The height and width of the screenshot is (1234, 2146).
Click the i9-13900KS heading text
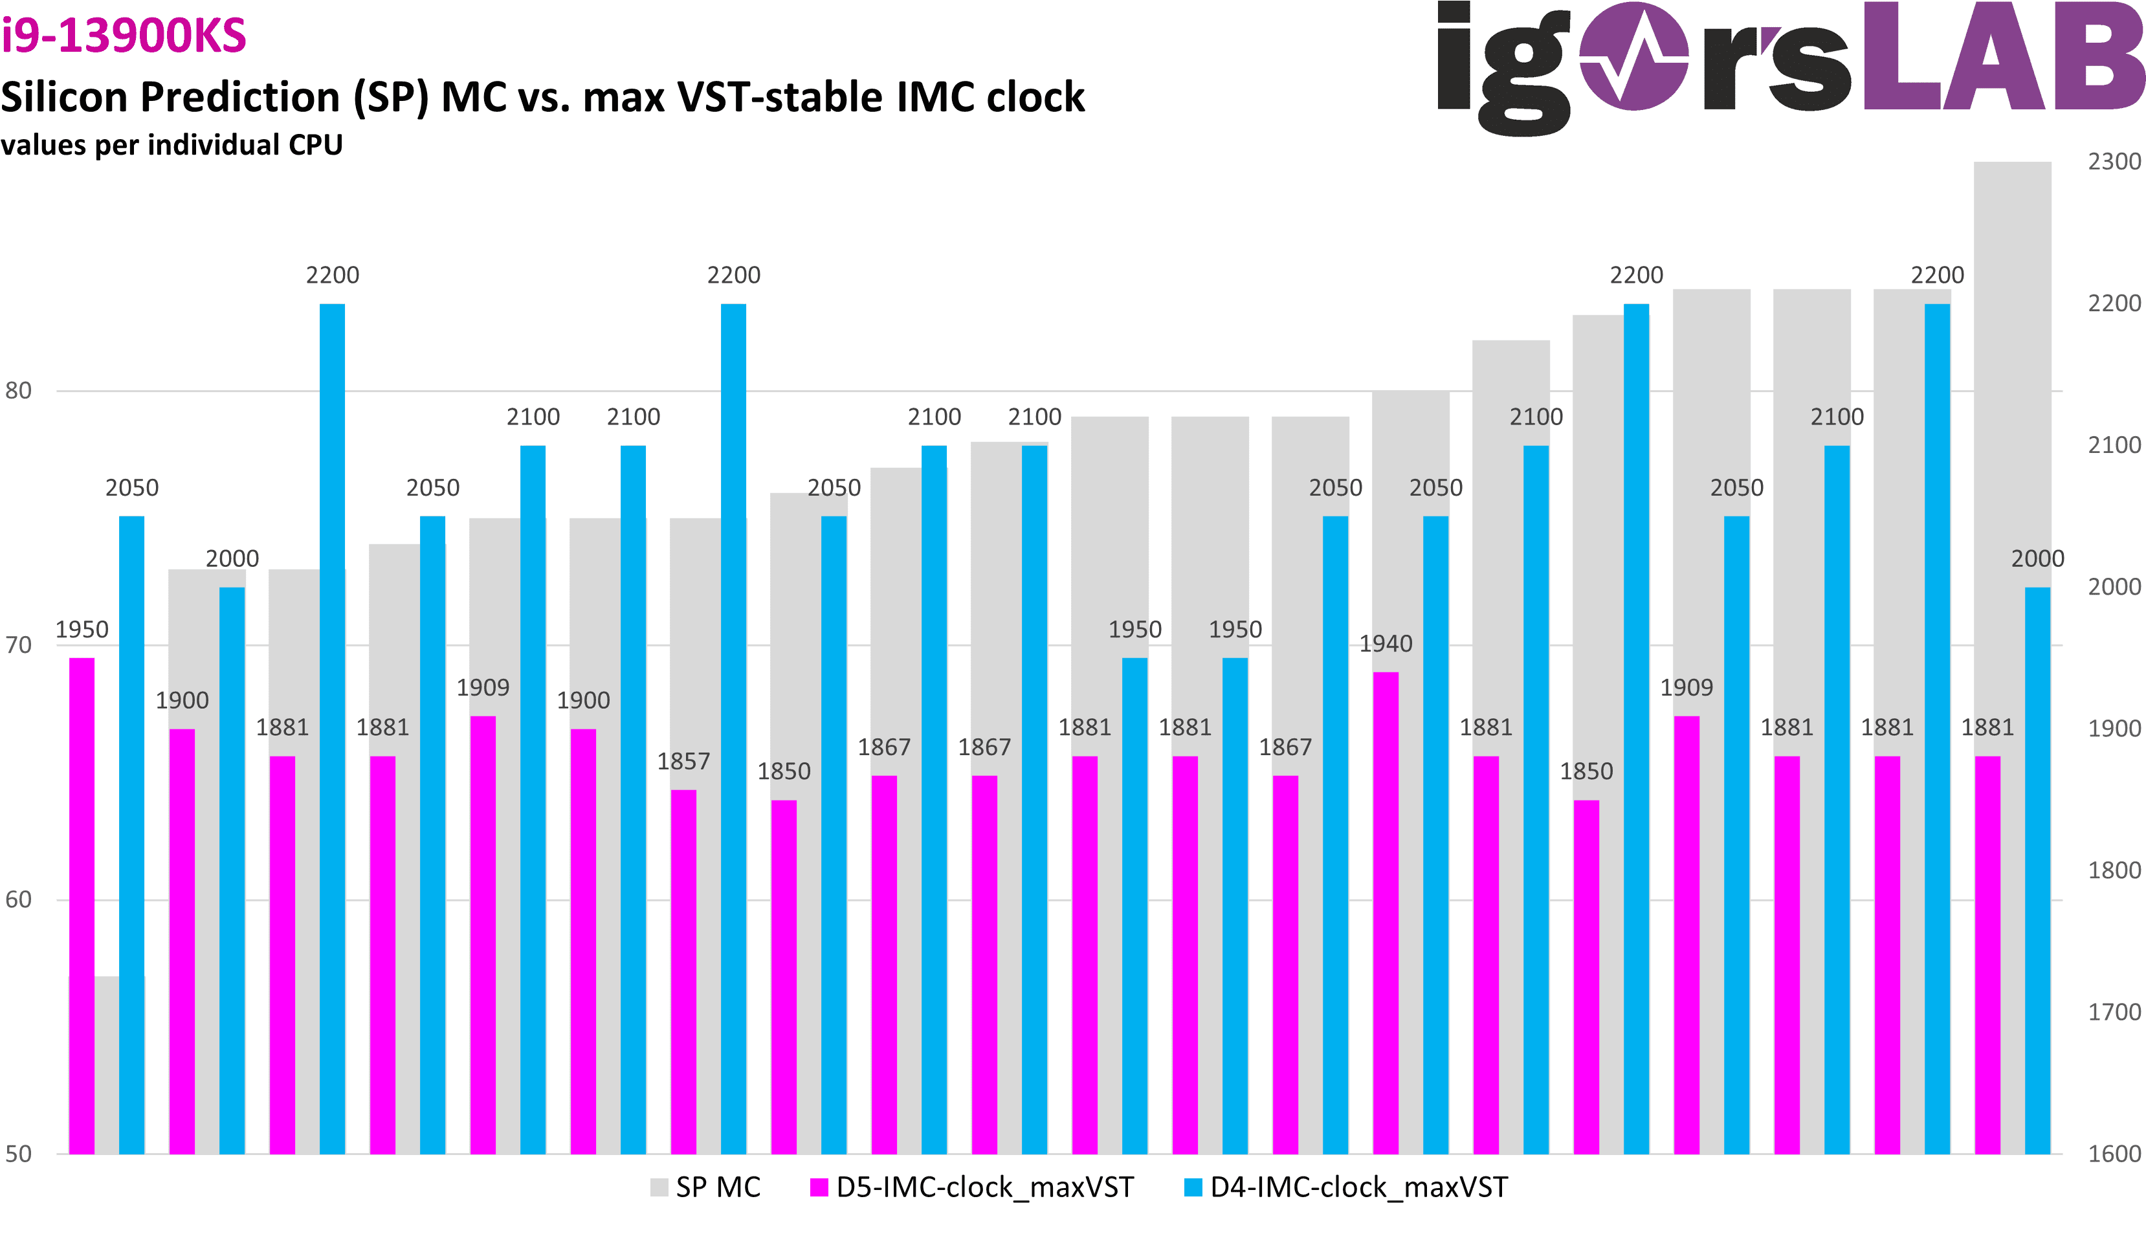[124, 36]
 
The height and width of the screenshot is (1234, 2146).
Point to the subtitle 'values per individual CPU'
[171, 145]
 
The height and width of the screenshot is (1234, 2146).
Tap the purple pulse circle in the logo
[1633, 56]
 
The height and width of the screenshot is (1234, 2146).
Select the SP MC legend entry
[705, 1187]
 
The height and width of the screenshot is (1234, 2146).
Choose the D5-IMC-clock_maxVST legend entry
[971, 1187]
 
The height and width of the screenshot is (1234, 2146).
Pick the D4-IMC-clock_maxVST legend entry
[1346, 1187]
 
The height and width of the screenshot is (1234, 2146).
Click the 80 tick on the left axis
[18, 391]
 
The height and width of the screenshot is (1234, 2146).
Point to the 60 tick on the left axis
[18, 900]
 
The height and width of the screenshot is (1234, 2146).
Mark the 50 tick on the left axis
[18, 1154]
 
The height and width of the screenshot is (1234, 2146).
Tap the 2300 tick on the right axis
[2114, 162]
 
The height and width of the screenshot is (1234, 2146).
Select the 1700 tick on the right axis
[2114, 1012]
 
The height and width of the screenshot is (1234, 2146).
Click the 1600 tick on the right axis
[2114, 1154]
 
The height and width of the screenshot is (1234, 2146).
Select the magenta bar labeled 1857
[683, 971]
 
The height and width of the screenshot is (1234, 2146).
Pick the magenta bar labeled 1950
[82, 905]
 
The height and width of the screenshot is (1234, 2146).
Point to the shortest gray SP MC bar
[107, 1064]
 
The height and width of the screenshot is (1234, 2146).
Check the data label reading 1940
[1386, 644]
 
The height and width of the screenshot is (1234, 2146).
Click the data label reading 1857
[683, 762]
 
